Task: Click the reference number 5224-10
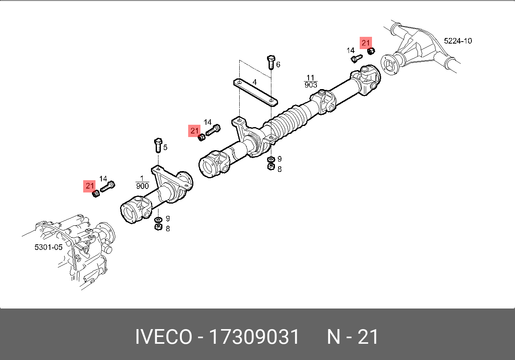(458, 41)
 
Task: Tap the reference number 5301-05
(48, 247)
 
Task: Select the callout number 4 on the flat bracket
(255, 82)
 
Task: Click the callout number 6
(278, 65)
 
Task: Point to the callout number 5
(165, 148)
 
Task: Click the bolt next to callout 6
(271, 63)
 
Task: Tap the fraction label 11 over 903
(311, 81)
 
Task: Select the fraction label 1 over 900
(142, 183)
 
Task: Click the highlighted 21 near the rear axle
(366, 43)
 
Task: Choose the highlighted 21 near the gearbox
(90, 186)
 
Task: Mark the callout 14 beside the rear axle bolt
(351, 50)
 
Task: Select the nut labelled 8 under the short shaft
(157, 227)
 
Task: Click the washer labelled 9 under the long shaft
(271, 159)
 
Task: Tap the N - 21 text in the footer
(353, 337)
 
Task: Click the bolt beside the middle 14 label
(213, 130)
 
